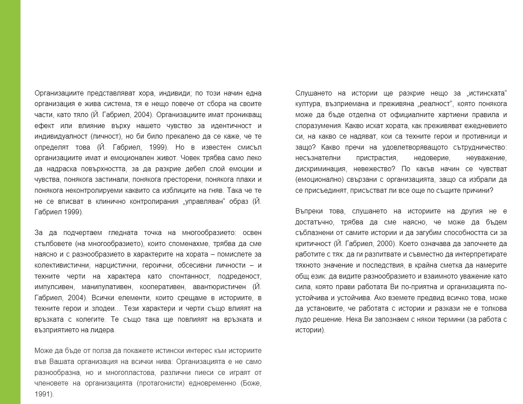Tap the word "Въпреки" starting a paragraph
[x=308, y=212]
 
